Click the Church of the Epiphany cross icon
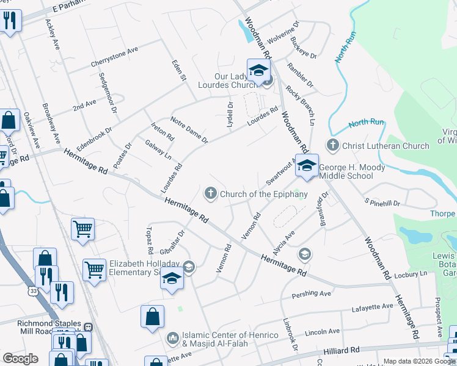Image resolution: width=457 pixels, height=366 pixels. coord(210,194)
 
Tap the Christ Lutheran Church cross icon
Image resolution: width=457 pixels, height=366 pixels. coord(332,146)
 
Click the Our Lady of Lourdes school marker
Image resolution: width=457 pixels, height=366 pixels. coord(258,71)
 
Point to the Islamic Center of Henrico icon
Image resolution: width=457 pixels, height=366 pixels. coord(173,337)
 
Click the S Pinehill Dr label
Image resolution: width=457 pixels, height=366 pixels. coord(382,203)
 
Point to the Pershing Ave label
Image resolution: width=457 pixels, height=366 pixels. coord(311,293)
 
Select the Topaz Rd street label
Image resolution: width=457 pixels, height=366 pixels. coord(149,240)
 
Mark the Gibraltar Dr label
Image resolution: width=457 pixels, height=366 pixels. coord(172,243)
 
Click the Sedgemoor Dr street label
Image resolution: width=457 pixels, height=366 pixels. coord(107,93)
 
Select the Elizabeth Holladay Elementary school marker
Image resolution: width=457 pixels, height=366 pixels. coord(172,279)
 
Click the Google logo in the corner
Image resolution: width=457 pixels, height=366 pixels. coord(21,359)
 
